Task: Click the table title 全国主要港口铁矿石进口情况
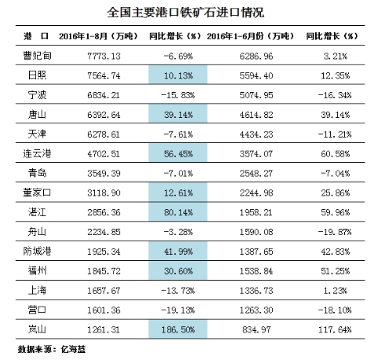[x=185, y=13]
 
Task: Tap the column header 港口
[x=36, y=36]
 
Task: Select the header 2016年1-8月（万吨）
[x=98, y=36]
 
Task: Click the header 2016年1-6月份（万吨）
[x=250, y=36]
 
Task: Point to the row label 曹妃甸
[x=37, y=56]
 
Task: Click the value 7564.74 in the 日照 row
[x=104, y=75]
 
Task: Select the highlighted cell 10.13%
[x=178, y=75]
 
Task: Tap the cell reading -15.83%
[x=178, y=95]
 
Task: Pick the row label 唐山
[x=37, y=114]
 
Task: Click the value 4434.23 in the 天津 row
[x=256, y=134]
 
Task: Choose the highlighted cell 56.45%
[x=178, y=153]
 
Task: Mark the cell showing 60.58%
[x=335, y=154]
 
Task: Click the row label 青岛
[x=37, y=173]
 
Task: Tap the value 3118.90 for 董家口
[x=104, y=193]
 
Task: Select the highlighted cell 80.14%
[x=178, y=211]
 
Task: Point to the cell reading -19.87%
[x=335, y=232]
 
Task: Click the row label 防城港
[x=37, y=251]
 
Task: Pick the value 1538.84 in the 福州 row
[x=256, y=271]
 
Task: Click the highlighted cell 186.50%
[x=178, y=329]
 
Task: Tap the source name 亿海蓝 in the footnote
[x=73, y=349]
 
